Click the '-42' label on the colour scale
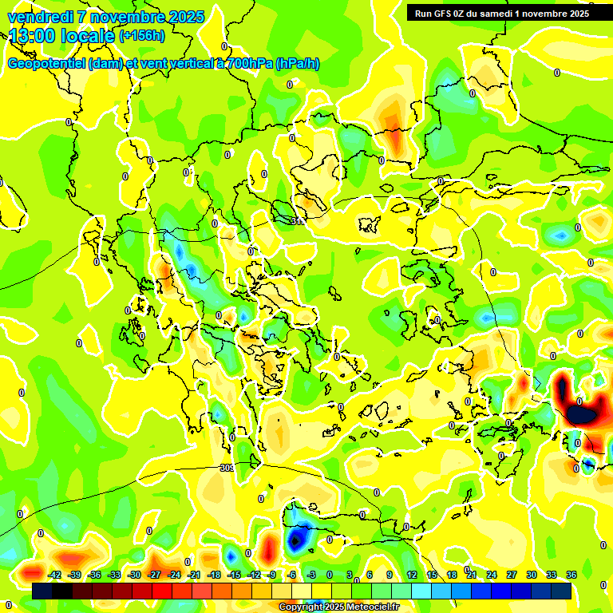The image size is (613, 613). tap(55, 575)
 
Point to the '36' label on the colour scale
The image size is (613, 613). tap(571, 575)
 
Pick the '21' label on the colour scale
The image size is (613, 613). tap(472, 575)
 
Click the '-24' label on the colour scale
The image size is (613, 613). tap(174, 575)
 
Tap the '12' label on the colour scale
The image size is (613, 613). tap(412, 575)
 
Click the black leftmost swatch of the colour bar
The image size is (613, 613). tap(42, 591)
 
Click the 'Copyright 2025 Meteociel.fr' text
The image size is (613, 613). tap(338, 607)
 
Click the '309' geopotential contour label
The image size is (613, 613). tap(227, 469)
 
